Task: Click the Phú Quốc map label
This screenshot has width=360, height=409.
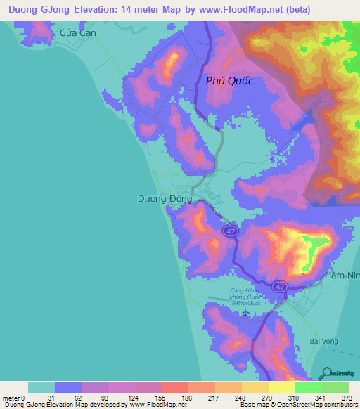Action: coord(229,81)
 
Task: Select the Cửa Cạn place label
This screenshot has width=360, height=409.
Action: coord(77,33)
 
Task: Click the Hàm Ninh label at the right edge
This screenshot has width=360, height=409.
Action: coord(342,276)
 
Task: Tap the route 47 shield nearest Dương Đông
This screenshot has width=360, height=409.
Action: coord(229,231)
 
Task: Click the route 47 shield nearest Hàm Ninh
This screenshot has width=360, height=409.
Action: coord(280,287)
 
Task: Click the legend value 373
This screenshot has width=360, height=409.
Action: coord(347,398)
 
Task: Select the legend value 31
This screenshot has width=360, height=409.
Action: coord(50,398)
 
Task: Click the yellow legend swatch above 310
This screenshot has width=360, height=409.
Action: coord(281,387)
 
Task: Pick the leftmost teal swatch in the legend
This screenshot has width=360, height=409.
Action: coord(41,387)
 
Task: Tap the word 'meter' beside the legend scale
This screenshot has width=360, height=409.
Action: coord(11,398)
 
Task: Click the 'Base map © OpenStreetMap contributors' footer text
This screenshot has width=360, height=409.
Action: coord(297,405)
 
